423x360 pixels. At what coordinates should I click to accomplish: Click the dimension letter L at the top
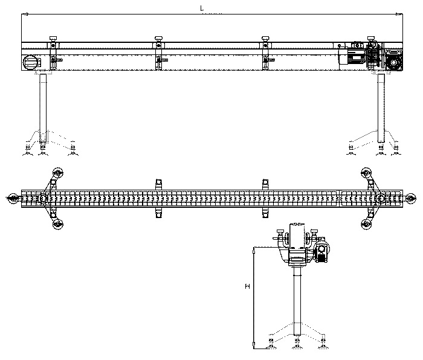point(201,8)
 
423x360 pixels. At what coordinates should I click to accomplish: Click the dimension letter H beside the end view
point(248,286)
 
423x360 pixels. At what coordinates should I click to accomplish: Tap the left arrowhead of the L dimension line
point(22,14)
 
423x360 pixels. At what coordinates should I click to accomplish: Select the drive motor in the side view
point(361,54)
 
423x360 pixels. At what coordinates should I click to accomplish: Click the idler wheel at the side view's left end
point(30,62)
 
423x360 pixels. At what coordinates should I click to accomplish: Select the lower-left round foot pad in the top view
point(57,225)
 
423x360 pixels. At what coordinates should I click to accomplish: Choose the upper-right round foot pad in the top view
point(366,172)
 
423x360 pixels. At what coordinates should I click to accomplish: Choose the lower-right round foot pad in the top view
point(366,225)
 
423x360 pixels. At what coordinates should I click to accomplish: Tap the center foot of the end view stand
point(297,346)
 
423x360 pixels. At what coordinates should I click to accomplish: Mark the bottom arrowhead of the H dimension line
point(254,347)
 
